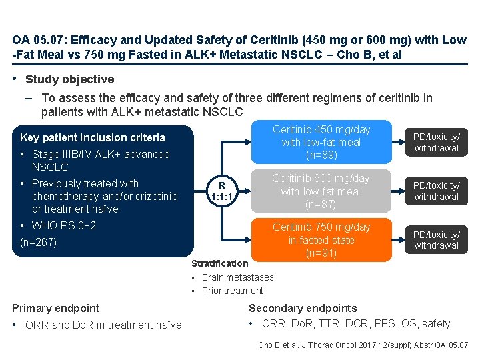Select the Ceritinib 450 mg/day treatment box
tap(321, 143)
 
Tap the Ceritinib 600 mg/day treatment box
tap(321, 191)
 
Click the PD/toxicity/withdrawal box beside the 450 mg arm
tap(436, 143)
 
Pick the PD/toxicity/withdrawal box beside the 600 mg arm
tap(436, 191)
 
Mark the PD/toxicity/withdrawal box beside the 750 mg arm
tap(436, 240)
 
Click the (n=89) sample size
tap(321, 155)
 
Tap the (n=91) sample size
tap(321, 253)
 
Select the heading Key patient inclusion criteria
tap(93, 138)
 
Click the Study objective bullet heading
tap(69, 79)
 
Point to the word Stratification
tap(219, 263)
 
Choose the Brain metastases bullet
tap(237, 277)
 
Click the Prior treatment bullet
tap(233, 291)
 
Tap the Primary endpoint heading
tap(56, 308)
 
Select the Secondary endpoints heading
tap(303, 308)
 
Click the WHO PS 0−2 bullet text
tap(64, 226)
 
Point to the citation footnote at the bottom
tap(363, 345)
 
